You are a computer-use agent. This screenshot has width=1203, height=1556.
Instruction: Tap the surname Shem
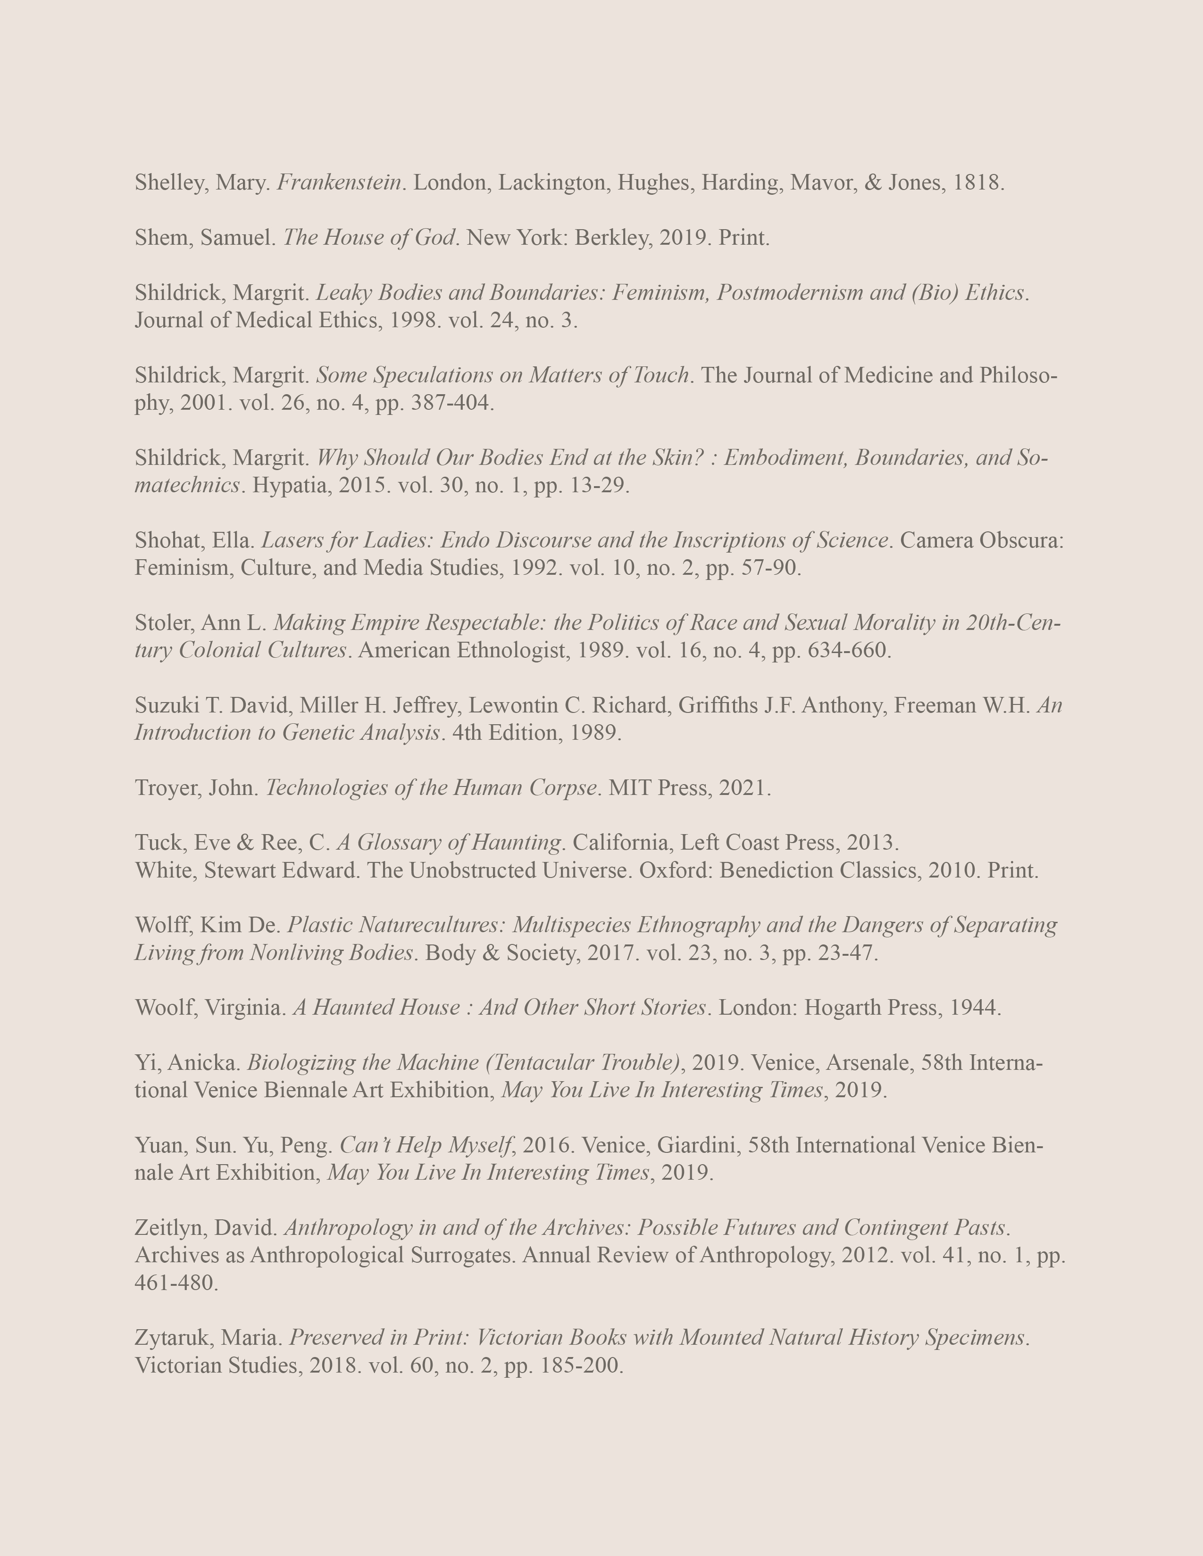click(160, 238)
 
